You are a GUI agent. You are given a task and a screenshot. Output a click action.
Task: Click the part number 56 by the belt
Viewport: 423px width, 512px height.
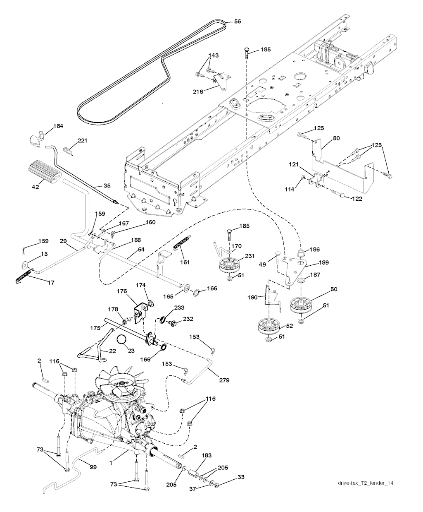tap(238, 22)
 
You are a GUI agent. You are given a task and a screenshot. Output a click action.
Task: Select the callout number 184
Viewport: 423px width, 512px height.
tap(58, 126)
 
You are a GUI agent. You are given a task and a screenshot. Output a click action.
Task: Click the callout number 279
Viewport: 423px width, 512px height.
tap(224, 380)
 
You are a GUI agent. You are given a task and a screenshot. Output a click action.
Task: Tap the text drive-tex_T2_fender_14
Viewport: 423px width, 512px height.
tap(363, 483)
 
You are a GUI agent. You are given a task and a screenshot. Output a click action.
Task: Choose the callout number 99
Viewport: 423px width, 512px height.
tap(93, 467)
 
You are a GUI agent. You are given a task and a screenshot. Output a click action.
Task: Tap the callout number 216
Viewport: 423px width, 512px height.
tap(198, 91)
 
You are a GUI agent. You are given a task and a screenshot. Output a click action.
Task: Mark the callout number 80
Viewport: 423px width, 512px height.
tap(336, 138)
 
